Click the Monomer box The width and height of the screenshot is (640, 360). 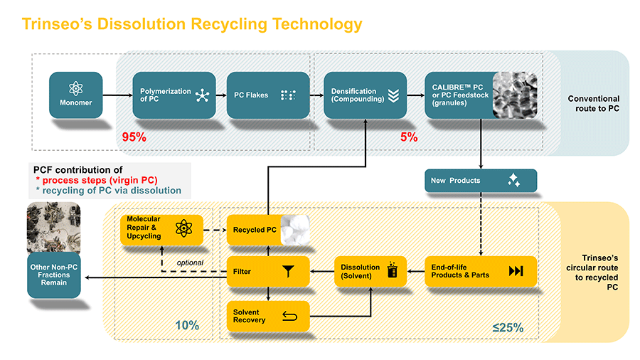pyautogui.click(x=75, y=95)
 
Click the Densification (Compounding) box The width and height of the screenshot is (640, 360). pyautogui.click(x=366, y=95)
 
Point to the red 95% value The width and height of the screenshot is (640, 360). pyautogui.click(x=134, y=137)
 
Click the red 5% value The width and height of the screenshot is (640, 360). pyautogui.click(x=409, y=137)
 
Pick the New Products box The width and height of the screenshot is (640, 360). pyautogui.click(x=480, y=181)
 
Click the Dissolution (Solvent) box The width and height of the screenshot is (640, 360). pyautogui.click(x=370, y=271)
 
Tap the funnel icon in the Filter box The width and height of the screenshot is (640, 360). pyautogui.click(x=288, y=271)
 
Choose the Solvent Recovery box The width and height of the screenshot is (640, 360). pyautogui.click(x=268, y=316)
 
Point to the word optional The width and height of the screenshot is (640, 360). pyautogui.click(x=189, y=263)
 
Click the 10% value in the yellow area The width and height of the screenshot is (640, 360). pyautogui.click(x=187, y=326)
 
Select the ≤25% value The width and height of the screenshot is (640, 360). pyautogui.click(x=508, y=328)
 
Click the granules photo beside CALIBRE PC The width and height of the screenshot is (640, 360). pyautogui.click(x=514, y=95)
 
